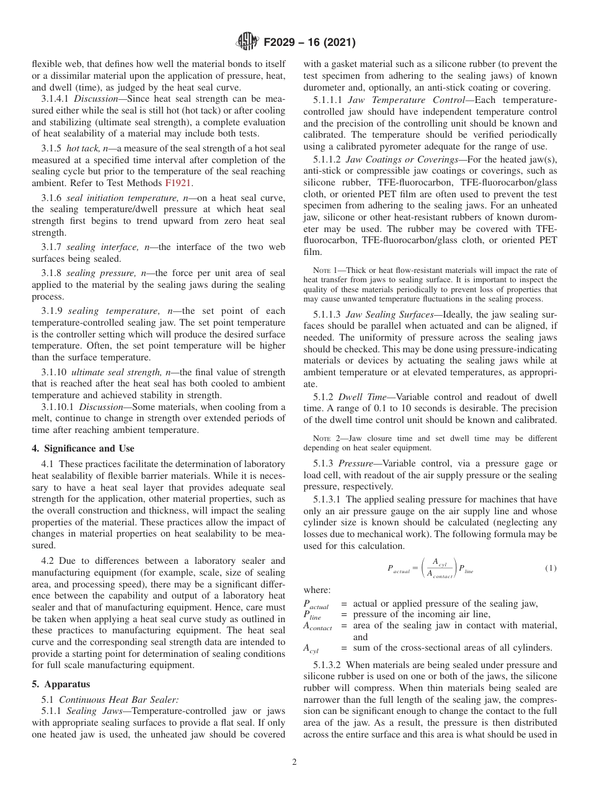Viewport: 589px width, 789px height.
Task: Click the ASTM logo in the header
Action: [248, 43]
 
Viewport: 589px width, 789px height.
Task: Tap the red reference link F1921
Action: [178, 183]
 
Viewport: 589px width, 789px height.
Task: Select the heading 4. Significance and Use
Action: [82, 448]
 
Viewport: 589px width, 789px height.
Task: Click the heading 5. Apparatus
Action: [61, 684]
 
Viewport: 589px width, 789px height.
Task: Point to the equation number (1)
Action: [551, 568]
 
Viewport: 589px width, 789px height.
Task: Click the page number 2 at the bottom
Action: [294, 762]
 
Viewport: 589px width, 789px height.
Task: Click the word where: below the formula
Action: [317, 590]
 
